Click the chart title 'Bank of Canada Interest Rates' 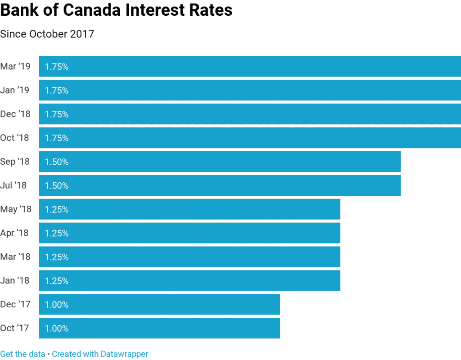tap(116, 10)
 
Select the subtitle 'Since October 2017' tap(47, 34)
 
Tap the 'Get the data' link tap(23, 354)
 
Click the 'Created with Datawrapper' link tap(100, 354)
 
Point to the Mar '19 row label tap(15, 67)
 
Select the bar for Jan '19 tap(250, 90)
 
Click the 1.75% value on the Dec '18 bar tap(57, 114)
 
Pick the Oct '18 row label tap(15, 138)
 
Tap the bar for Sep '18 tap(220, 162)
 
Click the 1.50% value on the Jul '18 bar tap(57, 186)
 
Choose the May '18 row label tap(16, 209)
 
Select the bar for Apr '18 tap(190, 233)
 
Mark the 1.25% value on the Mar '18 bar tap(57, 257)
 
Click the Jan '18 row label tap(15, 281)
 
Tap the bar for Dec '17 tap(159, 305)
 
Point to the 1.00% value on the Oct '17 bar tap(57, 328)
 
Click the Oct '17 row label tap(15, 328)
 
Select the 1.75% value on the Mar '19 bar tap(57, 67)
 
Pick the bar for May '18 tap(190, 209)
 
